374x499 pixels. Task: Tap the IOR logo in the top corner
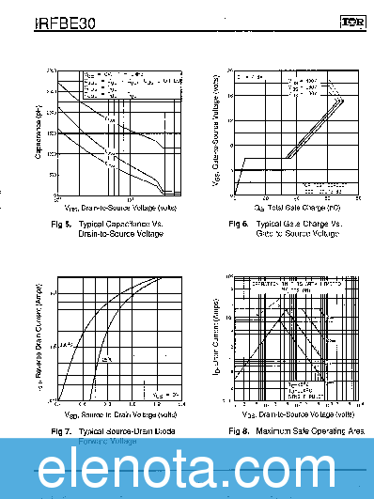[x=351, y=20]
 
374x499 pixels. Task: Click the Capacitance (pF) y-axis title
[x=39, y=132]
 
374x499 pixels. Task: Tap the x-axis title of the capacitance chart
[x=119, y=206]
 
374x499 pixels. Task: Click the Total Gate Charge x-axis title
[x=296, y=206]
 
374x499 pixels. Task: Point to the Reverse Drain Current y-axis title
[x=39, y=341]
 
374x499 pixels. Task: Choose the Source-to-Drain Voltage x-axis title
[x=119, y=413]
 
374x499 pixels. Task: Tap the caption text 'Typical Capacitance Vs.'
[x=121, y=224]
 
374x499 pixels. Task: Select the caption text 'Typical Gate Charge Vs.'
[x=300, y=224]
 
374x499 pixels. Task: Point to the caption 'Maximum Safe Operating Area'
[x=309, y=430]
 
